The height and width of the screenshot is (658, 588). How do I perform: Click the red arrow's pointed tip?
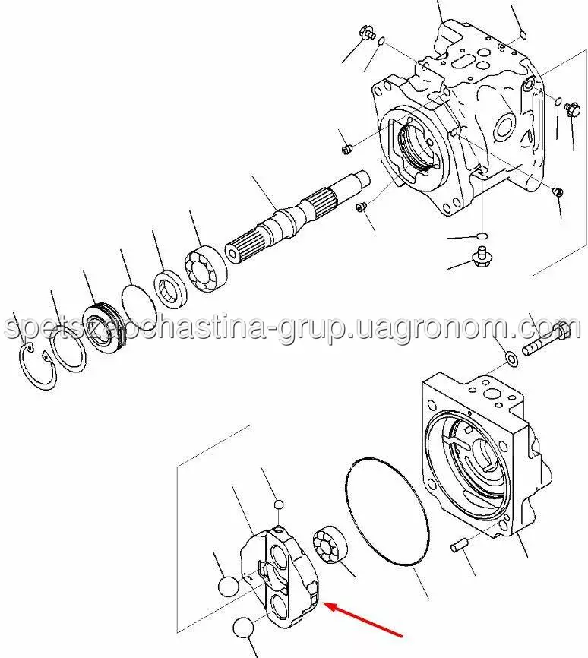pos(325,604)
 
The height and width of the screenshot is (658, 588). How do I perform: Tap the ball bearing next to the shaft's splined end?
pos(206,269)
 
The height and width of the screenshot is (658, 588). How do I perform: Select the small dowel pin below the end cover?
pos(457,547)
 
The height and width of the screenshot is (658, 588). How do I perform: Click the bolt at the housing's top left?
pos(367,33)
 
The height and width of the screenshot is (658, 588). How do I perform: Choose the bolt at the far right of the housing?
pos(573,109)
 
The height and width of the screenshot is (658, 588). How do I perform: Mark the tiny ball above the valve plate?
pos(278,504)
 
